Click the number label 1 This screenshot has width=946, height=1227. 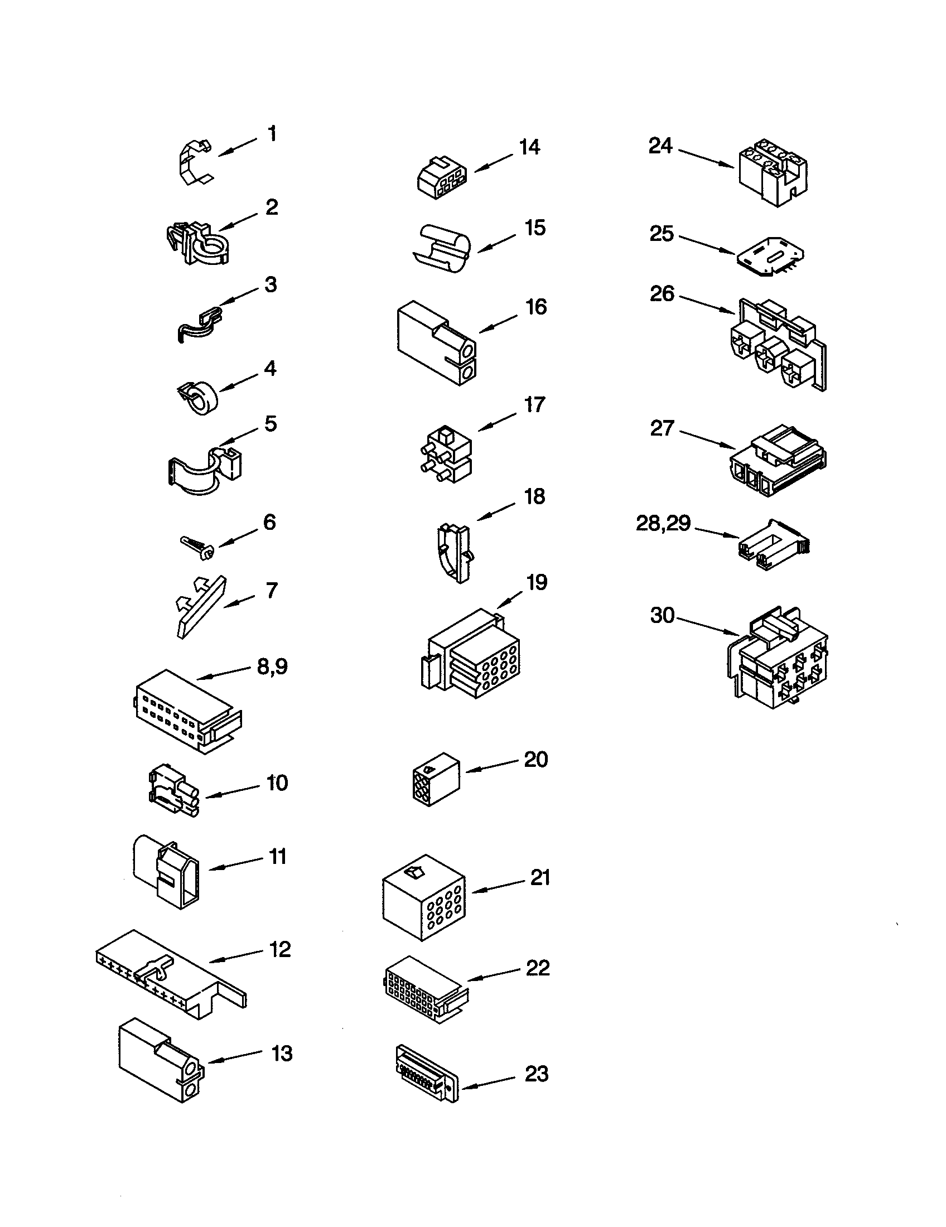tap(272, 134)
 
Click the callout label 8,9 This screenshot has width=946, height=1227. tap(272, 667)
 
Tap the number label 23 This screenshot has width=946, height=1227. tap(536, 1074)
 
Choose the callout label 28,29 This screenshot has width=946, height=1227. tap(663, 523)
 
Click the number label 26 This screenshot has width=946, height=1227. tap(662, 294)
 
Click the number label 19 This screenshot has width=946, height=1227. tap(537, 583)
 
